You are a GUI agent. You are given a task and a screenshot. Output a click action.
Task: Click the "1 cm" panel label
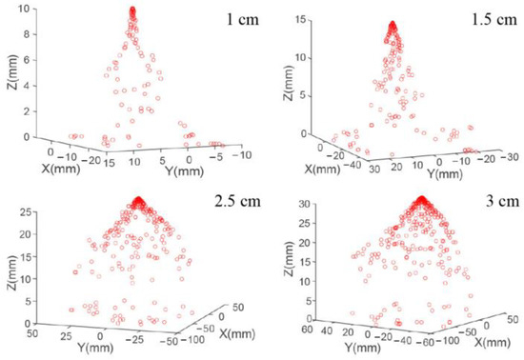(234, 20)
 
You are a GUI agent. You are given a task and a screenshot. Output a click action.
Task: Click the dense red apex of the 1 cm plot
(132, 12)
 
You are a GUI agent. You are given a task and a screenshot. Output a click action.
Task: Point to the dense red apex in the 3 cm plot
(420, 201)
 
